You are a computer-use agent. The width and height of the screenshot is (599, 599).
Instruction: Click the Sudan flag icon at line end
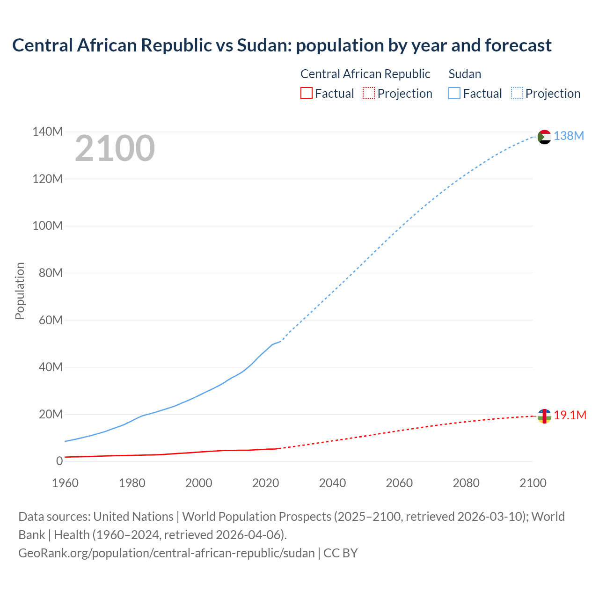(544, 137)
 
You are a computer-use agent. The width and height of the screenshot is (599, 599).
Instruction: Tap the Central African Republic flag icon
(544, 416)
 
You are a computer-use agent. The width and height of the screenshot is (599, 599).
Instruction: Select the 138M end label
(569, 136)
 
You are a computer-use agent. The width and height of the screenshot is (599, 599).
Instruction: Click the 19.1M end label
(570, 416)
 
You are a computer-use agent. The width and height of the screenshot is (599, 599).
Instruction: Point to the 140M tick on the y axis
(47, 132)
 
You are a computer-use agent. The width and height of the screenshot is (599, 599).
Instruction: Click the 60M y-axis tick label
(51, 321)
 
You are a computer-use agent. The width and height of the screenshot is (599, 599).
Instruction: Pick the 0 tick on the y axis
(59, 461)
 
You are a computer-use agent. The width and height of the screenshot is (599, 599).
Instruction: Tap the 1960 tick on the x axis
(65, 483)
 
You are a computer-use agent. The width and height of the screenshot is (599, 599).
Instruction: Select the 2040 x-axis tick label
(332, 483)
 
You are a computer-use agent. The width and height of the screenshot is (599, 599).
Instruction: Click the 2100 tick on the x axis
(533, 483)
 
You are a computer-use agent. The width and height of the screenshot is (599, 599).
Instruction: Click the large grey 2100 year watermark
(115, 148)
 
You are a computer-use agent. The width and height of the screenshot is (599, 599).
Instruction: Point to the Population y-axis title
(20, 291)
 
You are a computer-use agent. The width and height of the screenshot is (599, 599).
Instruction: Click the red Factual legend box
(306, 94)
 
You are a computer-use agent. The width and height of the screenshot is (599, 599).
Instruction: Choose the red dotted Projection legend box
(369, 94)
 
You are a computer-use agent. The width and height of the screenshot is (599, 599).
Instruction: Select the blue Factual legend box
(454, 94)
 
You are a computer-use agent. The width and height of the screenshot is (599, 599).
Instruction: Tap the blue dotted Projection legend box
(517, 94)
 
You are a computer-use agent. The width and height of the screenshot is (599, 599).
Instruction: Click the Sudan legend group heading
(465, 74)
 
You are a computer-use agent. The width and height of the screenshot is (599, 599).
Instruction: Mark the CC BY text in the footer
(340, 553)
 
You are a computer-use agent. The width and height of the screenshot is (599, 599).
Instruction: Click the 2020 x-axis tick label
(265, 483)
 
